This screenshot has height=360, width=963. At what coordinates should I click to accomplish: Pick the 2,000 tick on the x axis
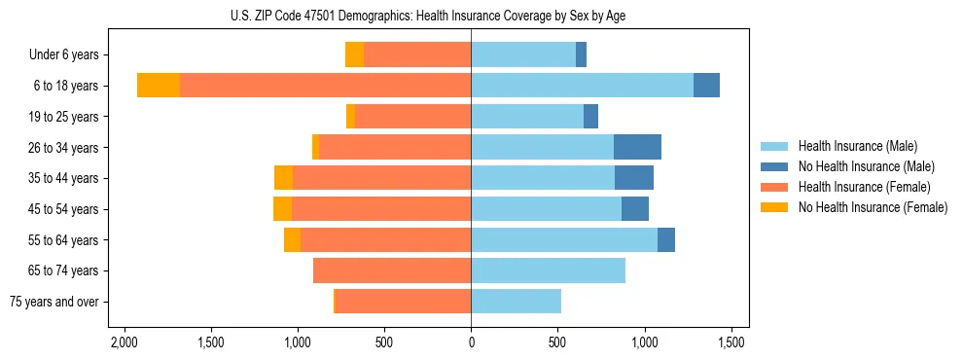click(x=124, y=342)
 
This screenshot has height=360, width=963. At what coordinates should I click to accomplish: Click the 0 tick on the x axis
click(x=471, y=342)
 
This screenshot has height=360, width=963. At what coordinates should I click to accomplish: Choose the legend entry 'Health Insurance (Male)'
click(x=857, y=146)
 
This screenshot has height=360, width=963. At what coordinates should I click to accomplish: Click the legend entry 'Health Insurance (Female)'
click(x=864, y=187)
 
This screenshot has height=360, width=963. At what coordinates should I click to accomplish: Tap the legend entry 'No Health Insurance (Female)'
click(x=873, y=207)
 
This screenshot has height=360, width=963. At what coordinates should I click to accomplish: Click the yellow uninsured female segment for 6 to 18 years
click(x=159, y=86)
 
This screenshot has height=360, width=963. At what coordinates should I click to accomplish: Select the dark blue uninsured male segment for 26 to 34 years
click(x=637, y=147)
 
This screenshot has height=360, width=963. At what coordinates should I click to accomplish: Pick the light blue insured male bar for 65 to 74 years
click(x=548, y=270)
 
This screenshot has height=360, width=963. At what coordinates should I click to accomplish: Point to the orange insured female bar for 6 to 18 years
click(x=325, y=86)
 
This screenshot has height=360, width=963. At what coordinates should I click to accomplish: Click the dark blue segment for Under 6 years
click(x=581, y=55)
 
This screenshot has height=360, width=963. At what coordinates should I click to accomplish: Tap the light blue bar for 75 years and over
click(x=516, y=302)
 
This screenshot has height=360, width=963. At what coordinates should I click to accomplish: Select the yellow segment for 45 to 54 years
click(x=282, y=209)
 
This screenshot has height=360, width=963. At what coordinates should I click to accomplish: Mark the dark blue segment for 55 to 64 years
click(x=666, y=239)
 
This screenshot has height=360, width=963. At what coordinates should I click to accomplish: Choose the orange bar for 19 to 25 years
click(x=412, y=117)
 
